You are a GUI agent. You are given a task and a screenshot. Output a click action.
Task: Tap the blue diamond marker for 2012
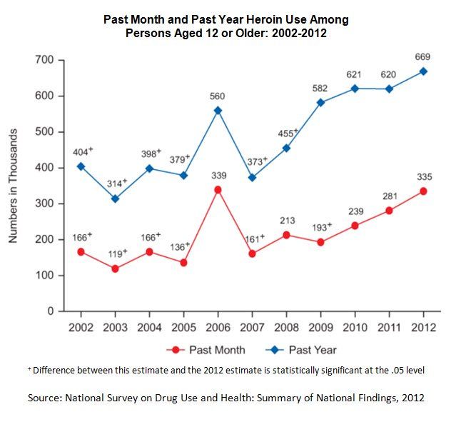pyautogui.click(x=424, y=71)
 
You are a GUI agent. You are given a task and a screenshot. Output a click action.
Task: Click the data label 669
pyautogui.click(x=424, y=56)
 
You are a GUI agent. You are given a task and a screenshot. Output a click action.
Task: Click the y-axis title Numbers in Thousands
pyautogui.click(x=14, y=186)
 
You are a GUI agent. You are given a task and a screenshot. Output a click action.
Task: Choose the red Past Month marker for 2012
pyautogui.click(x=424, y=191)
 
